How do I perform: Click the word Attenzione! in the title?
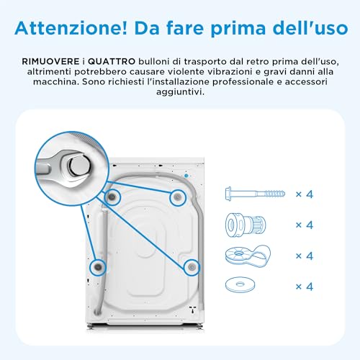click(x=71, y=28)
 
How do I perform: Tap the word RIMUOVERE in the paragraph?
click(x=50, y=62)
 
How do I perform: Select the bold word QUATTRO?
click(x=112, y=62)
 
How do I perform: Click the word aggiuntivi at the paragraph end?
click(x=180, y=92)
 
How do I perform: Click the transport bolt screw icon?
click(x=255, y=194)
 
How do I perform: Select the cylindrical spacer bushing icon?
click(x=246, y=225)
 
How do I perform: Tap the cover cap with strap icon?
click(x=248, y=256)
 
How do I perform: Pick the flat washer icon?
click(x=240, y=285)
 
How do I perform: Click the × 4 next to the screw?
click(x=305, y=194)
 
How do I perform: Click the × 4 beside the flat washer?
click(x=305, y=287)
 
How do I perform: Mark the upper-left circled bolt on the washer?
click(x=112, y=197)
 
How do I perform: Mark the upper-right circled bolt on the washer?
click(x=178, y=198)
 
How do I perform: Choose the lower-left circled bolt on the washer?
click(x=98, y=267)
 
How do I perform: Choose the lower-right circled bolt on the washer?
click(x=192, y=267)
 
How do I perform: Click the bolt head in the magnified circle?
click(x=79, y=166)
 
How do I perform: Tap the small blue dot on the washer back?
click(x=186, y=176)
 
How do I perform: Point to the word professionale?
click(x=243, y=82)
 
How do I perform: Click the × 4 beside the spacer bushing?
click(x=305, y=225)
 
